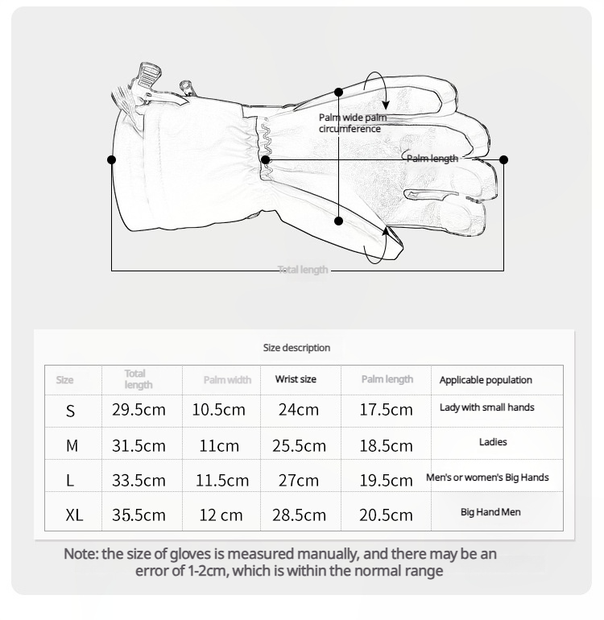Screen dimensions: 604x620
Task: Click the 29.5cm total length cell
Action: tap(139, 410)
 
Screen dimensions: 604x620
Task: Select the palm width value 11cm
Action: tap(219, 445)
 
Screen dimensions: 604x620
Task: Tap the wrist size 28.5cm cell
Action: tap(299, 515)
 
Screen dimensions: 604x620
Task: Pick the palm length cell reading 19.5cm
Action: tap(386, 481)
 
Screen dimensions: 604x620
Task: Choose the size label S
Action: tap(71, 411)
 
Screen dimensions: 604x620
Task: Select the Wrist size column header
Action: tap(296, 379)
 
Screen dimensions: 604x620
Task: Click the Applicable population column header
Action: tap(486, 380)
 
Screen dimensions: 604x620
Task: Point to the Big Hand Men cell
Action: tap(490, 512)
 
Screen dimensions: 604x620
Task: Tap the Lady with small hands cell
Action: tap(486, 407)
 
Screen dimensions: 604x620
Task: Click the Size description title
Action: tap(296, 348)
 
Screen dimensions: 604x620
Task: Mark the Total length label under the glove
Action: tap(303, 270)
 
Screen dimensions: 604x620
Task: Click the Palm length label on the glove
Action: tap(432, 159)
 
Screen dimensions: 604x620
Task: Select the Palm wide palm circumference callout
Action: tap(352, 123)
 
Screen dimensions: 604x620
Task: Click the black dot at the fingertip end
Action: tap(503, 159)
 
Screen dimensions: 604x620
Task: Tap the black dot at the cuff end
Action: tap(111, 159)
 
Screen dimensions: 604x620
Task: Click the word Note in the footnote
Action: tap(80, 554)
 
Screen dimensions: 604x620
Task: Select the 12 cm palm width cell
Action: tap(221, 515)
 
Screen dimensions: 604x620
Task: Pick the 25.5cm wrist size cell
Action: tap(299, 445)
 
